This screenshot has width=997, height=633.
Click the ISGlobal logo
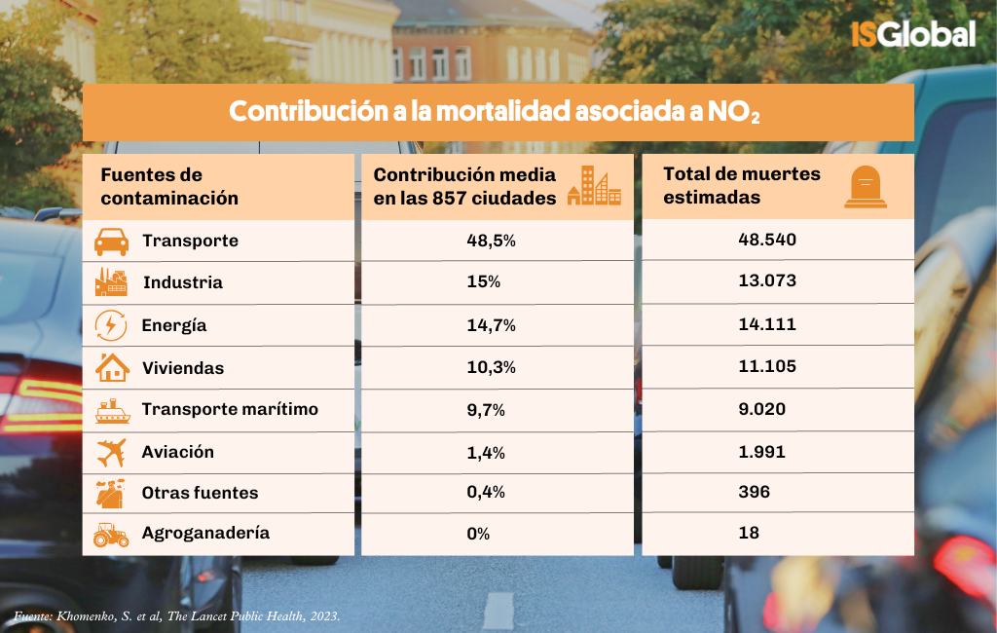tap(912, 34)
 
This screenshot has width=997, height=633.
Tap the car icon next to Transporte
tap(111, 241)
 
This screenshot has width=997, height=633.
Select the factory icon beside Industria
tap(111, 282)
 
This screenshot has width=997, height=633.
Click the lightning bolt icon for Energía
tap(111, 325)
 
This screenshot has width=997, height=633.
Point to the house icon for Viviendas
tap(112, 367)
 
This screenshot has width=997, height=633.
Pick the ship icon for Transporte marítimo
tap(112, 410)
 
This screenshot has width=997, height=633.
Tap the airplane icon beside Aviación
tap(111, 452)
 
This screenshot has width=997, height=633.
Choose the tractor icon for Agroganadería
tap(111, 534)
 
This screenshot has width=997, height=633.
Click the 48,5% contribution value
tap(491, 241)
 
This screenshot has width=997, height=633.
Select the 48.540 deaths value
tap(768, 240)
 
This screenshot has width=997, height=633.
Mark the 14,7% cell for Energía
tap(491, 325)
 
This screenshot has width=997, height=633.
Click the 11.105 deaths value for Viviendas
tap(767, 366)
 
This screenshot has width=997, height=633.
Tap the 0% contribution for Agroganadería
tap(478, 534)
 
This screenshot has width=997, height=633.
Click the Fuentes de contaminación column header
tap(169, 186)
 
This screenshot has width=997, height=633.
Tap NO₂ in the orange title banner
tap(736, 112)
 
